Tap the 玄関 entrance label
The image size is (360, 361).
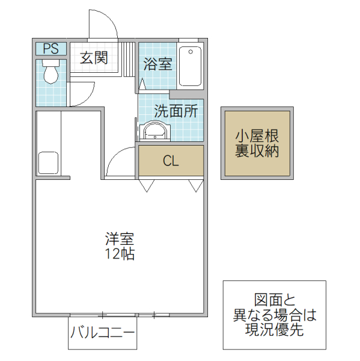click(x=94, y=58)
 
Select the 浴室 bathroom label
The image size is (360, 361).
click(x=157, y=64)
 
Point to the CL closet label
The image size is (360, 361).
click(x=171, y=161)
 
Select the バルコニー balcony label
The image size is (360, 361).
click(x=102, y=332)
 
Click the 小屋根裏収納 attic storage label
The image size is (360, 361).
click(x=257, y=143)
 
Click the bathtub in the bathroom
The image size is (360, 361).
click(x=191, y=66)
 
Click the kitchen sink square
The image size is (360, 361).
click(x=48, y=162)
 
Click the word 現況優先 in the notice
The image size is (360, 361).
click(x=275, y=330)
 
